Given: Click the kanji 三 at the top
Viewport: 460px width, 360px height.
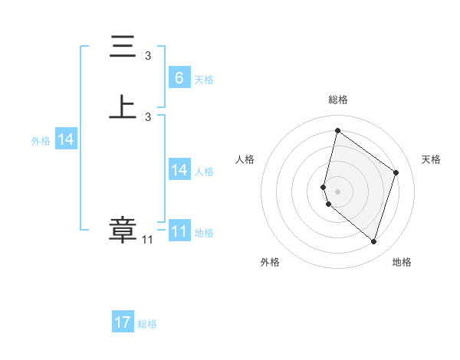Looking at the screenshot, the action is pos(123,48).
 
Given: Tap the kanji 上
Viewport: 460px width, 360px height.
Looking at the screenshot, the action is pos(123,107).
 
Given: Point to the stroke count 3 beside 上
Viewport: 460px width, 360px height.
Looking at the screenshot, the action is pos(148,116).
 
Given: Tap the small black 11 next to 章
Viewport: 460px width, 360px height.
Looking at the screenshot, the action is pos(147,240).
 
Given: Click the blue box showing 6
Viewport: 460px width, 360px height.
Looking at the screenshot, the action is pos(179,78).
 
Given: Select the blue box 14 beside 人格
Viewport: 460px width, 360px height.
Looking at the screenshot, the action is pos(179,170).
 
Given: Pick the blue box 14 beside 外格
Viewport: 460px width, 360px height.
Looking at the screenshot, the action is pos(66,139).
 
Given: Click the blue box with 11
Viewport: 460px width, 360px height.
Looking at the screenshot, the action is pos(179,231).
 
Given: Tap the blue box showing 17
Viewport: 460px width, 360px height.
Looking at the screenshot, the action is pos(123,322).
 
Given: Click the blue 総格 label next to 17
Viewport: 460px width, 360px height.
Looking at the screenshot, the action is pos(147,324).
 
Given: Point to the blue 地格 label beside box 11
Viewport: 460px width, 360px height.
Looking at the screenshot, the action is pos(204,233).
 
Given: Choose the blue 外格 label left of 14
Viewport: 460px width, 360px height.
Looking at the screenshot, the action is pos(41,141).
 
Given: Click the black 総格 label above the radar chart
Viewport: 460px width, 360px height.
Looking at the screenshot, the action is pos(337,100).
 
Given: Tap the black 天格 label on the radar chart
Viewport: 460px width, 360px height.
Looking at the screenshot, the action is pos(431,159).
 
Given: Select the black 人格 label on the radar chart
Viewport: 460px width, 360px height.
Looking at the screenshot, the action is pos(245,159).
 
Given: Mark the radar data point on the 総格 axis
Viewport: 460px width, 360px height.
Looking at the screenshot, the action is pos(337,130).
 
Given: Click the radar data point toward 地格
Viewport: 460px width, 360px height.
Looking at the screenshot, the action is pos(373,242).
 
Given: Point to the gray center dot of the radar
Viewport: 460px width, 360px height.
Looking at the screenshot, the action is pos(337,191).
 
